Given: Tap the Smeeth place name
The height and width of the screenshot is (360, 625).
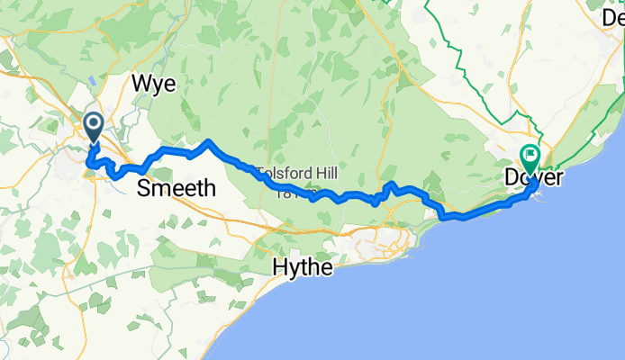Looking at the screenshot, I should [x=177, y=188].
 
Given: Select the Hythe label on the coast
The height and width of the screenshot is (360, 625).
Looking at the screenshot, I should [x=303, y=267].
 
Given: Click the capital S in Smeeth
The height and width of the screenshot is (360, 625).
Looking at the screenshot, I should [x=144, y=188].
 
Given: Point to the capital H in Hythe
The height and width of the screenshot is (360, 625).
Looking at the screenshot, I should [x=279, y=267].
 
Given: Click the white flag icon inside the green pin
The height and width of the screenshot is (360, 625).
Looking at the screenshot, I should [x=529, y=155].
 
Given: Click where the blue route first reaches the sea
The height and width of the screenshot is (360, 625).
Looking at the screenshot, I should [x=441, y=215].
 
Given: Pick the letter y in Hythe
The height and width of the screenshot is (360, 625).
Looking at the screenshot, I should [x=293, y=269].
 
